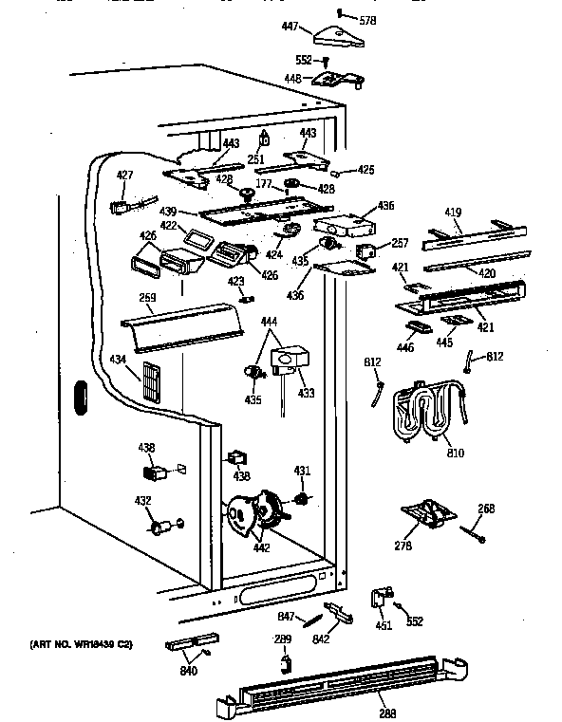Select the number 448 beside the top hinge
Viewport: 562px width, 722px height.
pyautogui.click(x=294, y=79)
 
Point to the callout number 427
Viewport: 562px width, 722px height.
pyautogui.click(x=125, y=175)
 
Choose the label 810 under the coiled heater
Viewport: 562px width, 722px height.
pyautogui.click(x=456, y=453)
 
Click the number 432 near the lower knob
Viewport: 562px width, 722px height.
pyautogui.click(x=142, y=500)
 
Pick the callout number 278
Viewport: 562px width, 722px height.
pyautogui.click(x=404, y=546)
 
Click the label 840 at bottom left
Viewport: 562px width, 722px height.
pyautogui.click(x=189, y=672)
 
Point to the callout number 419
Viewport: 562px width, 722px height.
pyautogui.click(x=454, y=213)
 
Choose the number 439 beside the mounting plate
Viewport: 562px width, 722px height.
pyautogui.click(x=168, y=212)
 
